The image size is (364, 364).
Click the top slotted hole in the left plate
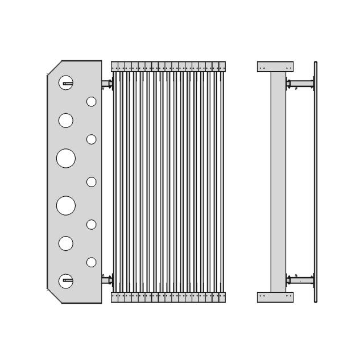[x=66, y=83]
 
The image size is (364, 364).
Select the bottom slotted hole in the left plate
[x=66, y=279]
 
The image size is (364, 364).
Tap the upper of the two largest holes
[x=66, y=158]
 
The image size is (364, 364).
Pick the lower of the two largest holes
[x=66, y=205]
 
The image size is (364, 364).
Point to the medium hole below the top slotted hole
[x=66, y=120]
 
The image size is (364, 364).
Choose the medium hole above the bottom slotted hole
[x=66, y=243]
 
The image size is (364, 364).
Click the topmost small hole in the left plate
[x=91, y=101]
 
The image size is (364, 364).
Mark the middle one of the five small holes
[x=91, y=182]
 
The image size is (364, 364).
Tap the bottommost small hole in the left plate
[x=91, y=262]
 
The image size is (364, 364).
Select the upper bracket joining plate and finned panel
[x=106, y=84]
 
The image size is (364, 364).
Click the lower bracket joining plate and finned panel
[x=106, y=279]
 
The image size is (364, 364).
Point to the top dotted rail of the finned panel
[x=169, y=66]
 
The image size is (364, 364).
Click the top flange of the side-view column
[x=276, y=66]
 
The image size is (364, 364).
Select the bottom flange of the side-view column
[x=276, y=297]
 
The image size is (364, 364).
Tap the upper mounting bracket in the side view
[x=300, y=85]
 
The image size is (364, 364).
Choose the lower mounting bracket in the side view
[x=300, y=279]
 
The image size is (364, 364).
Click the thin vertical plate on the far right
[x=316, y=182]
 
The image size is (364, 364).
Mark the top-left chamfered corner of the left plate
[x=54, y=67]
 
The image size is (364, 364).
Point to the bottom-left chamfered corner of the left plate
[x=54, y=296]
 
